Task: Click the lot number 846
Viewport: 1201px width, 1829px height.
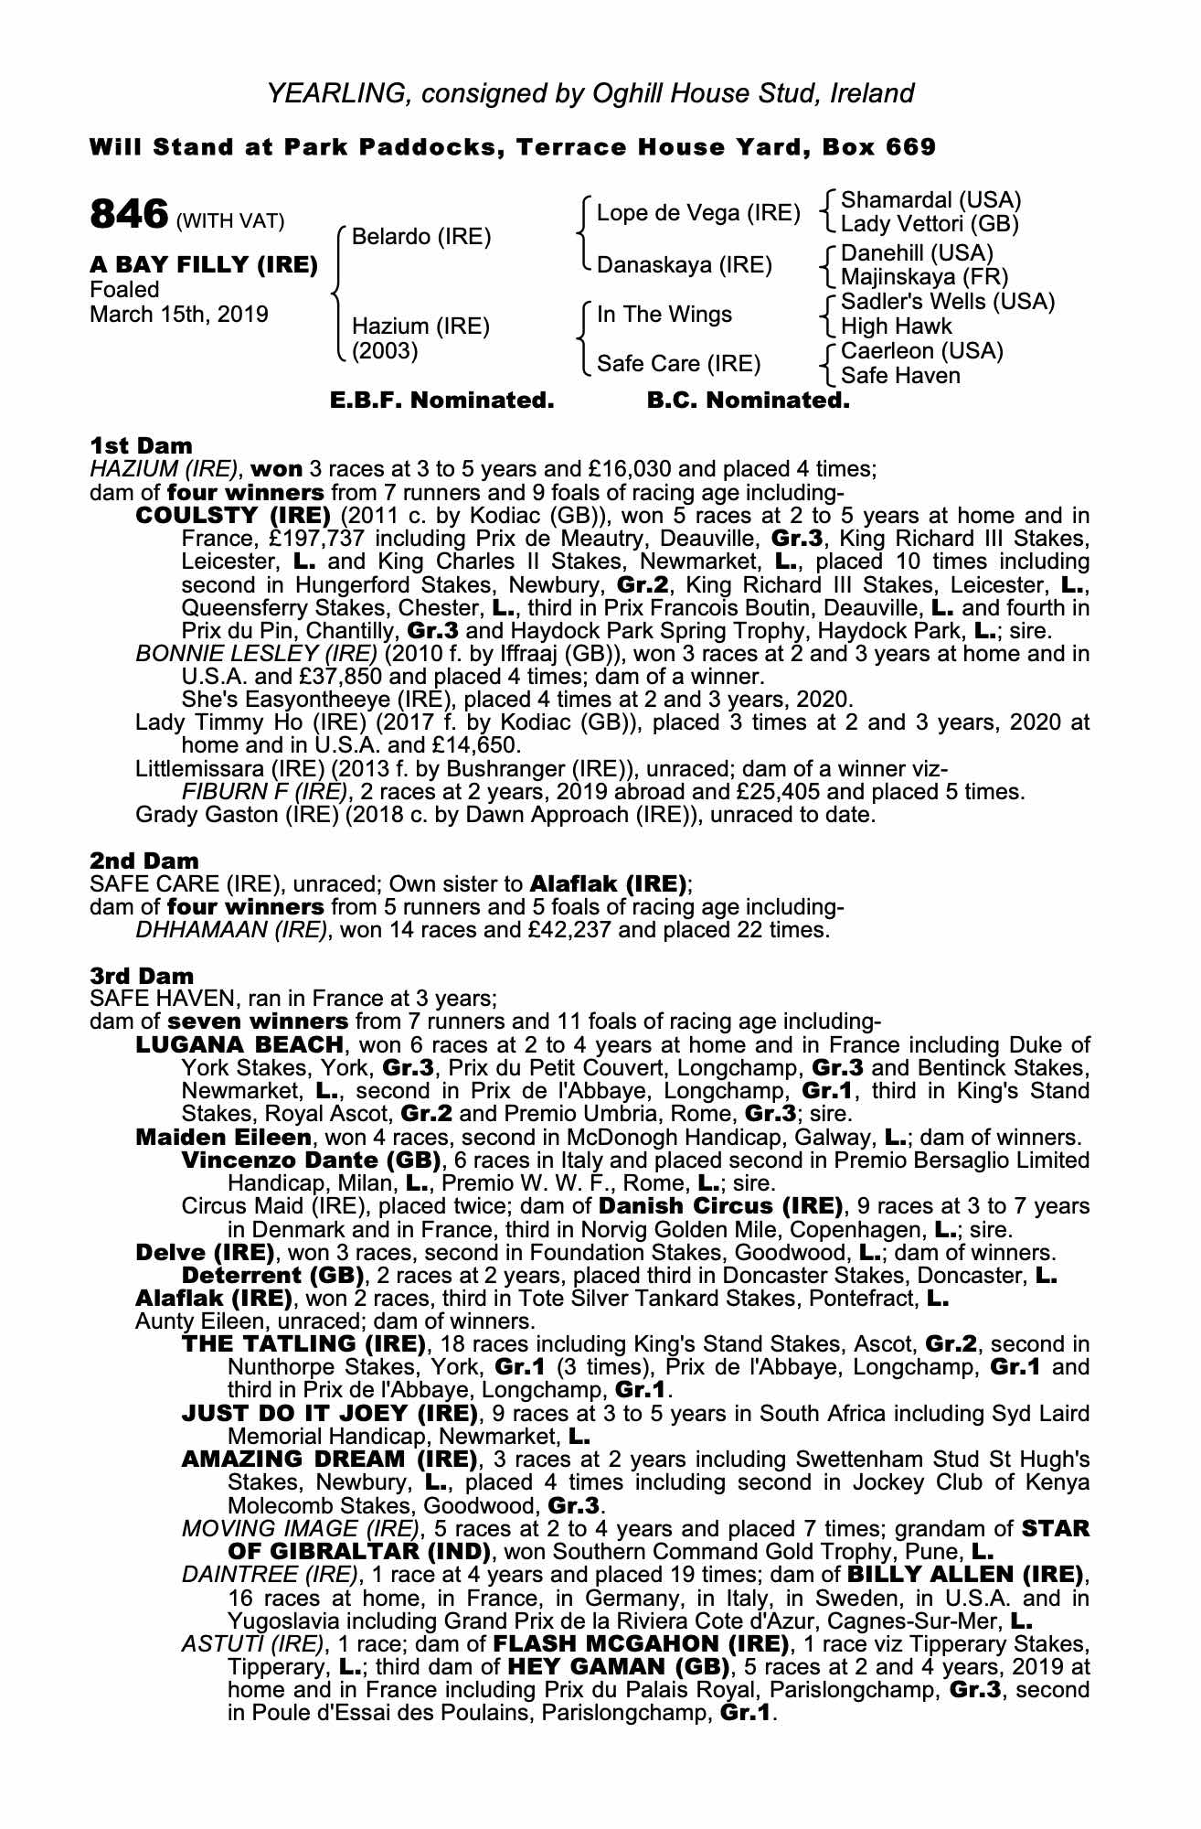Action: tap(129, 215)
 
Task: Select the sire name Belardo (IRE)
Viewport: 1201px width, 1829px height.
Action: tap(421, 237)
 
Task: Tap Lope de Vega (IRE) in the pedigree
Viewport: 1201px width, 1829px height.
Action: tap(698, 213)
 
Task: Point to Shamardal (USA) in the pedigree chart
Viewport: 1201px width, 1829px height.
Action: tap(930, 199)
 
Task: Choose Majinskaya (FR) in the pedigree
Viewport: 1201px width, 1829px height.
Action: tap(924, 276)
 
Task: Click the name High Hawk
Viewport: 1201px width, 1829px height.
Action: tap(896, 326)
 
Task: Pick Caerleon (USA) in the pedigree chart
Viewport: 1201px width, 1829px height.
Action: tap(921, 351)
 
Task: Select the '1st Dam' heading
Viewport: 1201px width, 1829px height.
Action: tap(141, 445)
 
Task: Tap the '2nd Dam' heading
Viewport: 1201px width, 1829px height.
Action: tap(143, 861)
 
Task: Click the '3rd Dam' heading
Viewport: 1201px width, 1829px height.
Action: tap(142, 976)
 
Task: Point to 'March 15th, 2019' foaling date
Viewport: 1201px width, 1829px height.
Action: tap(178, 315)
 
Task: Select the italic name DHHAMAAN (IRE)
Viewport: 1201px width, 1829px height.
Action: tap(230, 930)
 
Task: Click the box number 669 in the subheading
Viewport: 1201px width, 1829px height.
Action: tap(909, 147)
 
